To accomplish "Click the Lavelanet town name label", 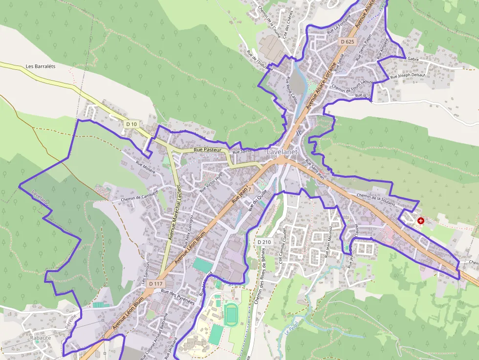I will [282, 152].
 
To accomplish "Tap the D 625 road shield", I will [347, 42].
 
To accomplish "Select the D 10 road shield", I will [131, 124].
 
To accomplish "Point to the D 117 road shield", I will [155, 284].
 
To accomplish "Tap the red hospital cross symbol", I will [421, 221].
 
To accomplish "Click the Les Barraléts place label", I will [40, 66].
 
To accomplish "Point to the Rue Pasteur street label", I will [208, 149].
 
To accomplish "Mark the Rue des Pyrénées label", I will [177, 297].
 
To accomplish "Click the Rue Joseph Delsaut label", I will [408, 76].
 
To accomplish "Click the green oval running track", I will [230, 314].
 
